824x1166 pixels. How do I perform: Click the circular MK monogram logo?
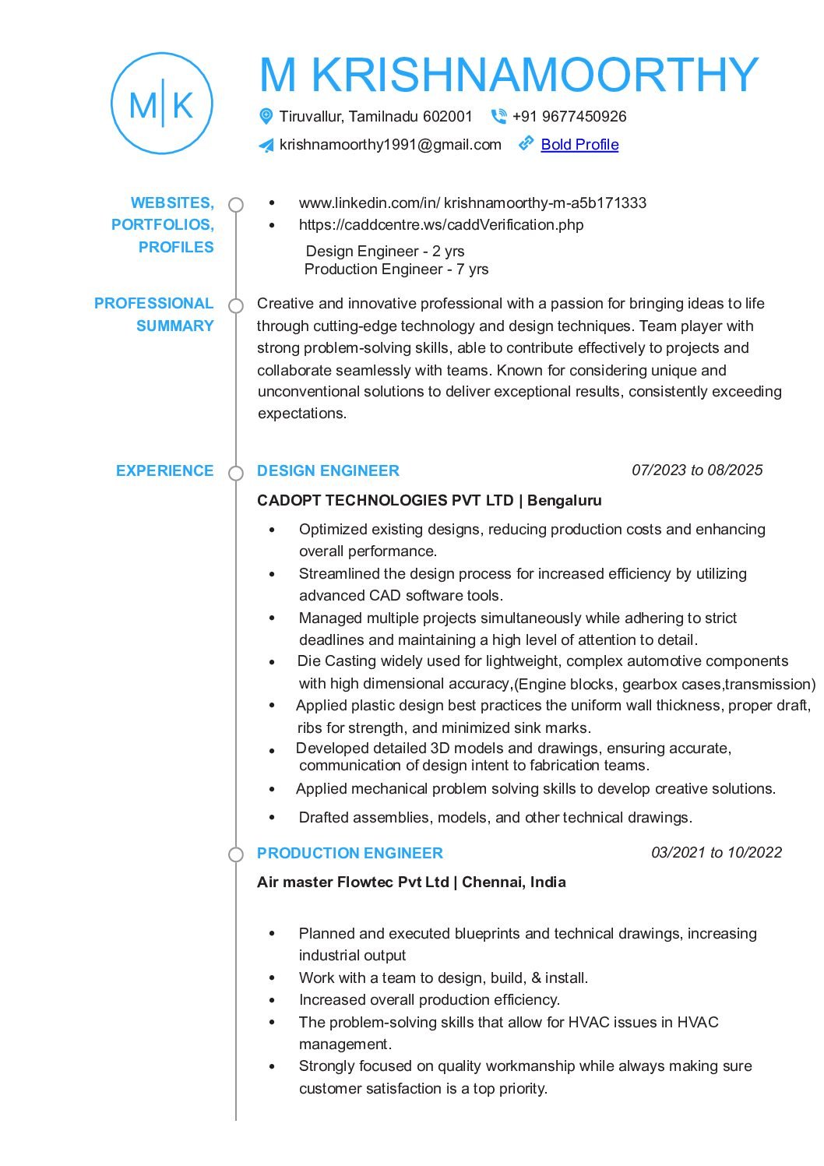tap(162, 104)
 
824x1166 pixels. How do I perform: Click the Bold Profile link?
tap(579, 144)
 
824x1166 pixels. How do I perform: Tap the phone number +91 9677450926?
tap(569, 116)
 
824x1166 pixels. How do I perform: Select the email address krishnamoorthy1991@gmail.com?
tap(390, 144)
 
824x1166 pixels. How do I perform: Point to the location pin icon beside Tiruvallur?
tap(266, 116)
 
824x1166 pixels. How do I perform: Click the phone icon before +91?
tap(498, 116)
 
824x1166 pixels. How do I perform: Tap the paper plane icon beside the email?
tap(266, 145)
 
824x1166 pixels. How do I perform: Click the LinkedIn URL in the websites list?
tap(472, 203)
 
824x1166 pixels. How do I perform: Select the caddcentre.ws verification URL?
tap(441, 224)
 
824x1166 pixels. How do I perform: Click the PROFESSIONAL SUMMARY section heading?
tap(154, 314)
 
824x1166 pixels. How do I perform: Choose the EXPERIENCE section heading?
tap(164, 470)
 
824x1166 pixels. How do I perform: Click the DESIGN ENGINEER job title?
tap(328, 470)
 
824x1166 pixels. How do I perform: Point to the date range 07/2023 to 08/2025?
tap(697, 470)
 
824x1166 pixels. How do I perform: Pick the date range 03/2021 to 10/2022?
tap(716, 852)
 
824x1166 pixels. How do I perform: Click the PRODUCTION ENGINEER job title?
tap(350, 853)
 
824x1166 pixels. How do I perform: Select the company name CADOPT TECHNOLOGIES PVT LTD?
tap(386, 500)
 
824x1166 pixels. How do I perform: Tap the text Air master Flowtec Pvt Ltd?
tap(353, 882)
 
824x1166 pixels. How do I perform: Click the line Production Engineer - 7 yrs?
tap(396, 269)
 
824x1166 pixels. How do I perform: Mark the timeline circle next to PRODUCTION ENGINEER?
tap(236, 854)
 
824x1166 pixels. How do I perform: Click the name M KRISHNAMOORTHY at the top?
tap(509, 75)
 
